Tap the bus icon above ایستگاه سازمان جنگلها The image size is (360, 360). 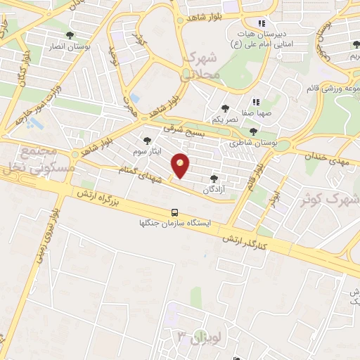point(174,212)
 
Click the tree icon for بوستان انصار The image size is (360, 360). point(69,34)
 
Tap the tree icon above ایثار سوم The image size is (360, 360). point(147,140)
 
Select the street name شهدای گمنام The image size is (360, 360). point(143,174)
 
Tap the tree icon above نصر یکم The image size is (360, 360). point(224,108)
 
